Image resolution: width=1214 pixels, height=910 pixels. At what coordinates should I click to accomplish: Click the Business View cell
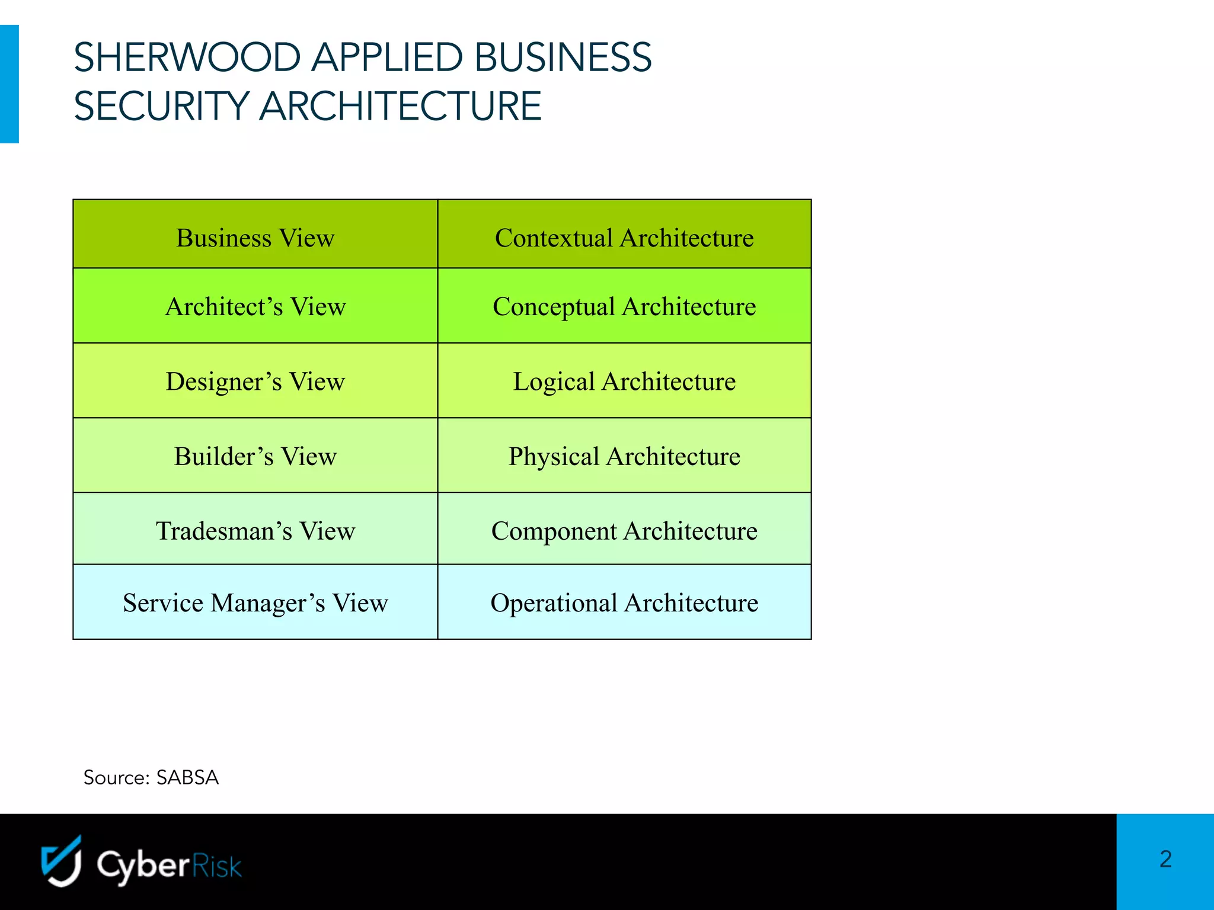[255, 238]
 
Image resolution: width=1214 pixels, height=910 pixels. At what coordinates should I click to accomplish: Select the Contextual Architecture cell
[624, 238]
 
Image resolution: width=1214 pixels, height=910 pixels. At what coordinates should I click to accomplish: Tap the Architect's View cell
[255, 306]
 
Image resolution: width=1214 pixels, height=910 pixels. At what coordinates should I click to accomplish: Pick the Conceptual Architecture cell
[624, 306]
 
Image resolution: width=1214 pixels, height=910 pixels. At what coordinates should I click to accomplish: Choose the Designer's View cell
[255, 381]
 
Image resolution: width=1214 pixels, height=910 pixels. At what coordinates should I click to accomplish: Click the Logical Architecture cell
[624, 381]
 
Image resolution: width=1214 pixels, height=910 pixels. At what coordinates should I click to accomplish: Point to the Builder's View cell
[255, 456]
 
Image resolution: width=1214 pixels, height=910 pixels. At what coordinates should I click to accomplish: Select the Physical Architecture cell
[624, 456]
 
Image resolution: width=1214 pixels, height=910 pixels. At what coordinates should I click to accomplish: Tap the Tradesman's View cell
[255, 530]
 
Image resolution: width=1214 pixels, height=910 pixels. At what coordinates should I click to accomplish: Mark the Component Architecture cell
[624, 530]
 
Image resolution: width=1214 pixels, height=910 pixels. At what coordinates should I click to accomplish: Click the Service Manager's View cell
[255, 603]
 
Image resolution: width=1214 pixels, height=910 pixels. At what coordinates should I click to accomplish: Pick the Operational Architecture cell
[624, 603]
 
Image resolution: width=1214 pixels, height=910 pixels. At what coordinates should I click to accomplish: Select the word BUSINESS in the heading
[563, 57]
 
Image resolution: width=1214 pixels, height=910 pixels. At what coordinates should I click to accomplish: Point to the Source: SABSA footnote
[151, 777]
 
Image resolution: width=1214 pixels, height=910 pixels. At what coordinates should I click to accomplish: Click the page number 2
[1165, 859]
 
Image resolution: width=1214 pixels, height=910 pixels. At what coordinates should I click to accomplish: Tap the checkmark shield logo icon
[61, 861]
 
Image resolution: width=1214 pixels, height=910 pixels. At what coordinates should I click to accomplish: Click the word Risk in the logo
[217, 866]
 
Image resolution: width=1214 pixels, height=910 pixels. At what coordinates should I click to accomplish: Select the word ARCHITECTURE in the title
[401, 106]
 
